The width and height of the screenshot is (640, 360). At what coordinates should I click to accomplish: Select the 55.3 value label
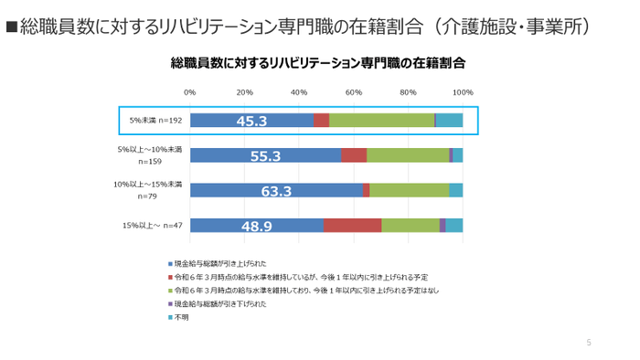(264, 155)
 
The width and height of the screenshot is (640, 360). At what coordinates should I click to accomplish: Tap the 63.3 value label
(275, 190)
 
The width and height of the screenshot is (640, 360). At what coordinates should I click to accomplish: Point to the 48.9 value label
(256, 225)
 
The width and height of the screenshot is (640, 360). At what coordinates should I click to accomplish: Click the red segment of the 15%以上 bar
(352, 225)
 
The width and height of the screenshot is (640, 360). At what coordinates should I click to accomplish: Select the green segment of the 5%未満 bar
(381, 121)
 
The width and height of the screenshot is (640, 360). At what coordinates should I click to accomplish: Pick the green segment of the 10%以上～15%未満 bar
(409, 190)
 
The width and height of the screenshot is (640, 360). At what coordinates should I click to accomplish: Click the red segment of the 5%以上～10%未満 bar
(354, 155)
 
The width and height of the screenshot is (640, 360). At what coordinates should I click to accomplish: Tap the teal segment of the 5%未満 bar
(449, 121)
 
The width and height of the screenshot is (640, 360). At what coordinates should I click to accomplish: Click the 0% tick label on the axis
(190, 92)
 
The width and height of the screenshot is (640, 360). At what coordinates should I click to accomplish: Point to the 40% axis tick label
(299, 92)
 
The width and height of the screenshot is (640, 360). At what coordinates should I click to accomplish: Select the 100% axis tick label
(463, 92)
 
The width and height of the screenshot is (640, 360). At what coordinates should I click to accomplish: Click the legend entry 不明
(182, 316)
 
